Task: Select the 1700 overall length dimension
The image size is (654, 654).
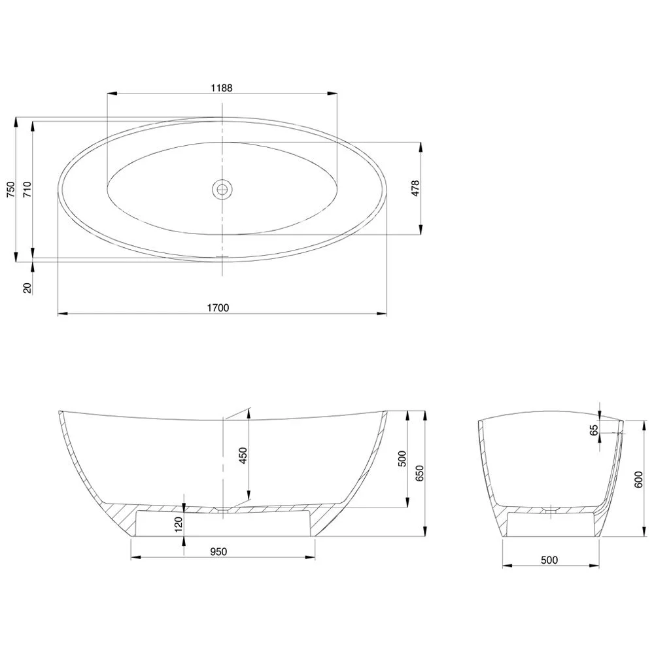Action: click(x=218, y=307)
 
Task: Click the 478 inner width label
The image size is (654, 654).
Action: click(x=415, y=188)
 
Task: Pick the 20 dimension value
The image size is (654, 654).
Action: click(x=27, y=287)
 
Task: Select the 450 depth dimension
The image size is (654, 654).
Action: click(x=242, y=455)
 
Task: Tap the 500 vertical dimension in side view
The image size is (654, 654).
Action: click(x=402, y=460)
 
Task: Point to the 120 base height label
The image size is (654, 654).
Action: click(x=178, y=525)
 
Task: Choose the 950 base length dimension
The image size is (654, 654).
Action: click(x=218, y=551)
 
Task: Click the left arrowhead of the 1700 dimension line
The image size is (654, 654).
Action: click(x=61, y=315)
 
